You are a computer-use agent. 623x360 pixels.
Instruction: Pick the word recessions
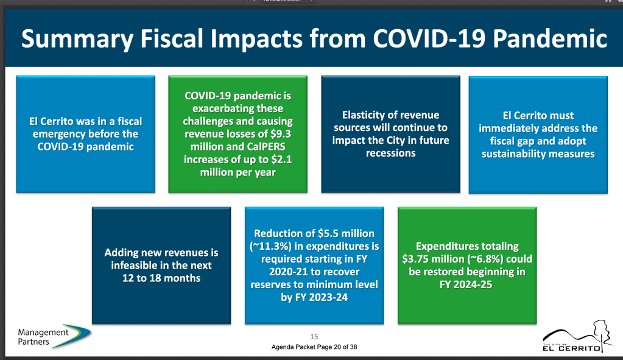pyautogui.click(x=390, y=153)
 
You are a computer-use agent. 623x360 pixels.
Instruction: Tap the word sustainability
pyautogui.click(x=516, y=154)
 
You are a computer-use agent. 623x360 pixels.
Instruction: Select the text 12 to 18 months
pyautogui.click(x=161, y=278)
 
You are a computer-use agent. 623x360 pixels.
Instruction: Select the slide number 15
pyautogui.click(x=314, y=337)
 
